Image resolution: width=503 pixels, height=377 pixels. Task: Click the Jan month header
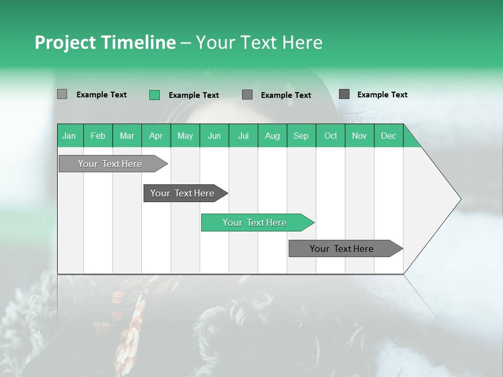(69, 136)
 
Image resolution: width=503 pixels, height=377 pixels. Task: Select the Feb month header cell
(98, 136)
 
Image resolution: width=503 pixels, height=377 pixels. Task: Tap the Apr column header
(156, 136)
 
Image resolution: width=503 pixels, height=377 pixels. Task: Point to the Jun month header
(214, 136)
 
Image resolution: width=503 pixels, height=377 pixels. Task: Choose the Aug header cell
(272, 136)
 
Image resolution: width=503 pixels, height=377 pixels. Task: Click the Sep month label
(301, 136)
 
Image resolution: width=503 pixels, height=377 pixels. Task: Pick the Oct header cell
(331, 136)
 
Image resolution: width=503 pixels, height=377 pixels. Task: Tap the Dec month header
(389, 136)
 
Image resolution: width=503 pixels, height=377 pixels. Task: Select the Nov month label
(359, 136)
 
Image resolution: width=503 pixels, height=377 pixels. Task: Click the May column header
(185, 136)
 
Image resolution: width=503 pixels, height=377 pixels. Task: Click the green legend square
(155, 95)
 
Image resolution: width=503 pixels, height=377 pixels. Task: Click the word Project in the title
(65, 42)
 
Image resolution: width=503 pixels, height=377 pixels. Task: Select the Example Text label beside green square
(194, 95)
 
